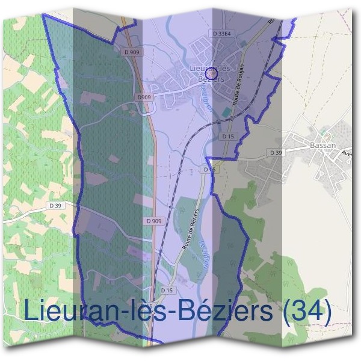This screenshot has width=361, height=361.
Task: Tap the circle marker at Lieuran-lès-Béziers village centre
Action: click(x=211, y=72)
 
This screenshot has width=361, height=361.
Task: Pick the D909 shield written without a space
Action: click(x=144, y=97)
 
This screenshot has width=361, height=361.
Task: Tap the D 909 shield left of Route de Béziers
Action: click(x=154, y=221)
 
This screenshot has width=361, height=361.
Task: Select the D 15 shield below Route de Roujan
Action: click(x=227, y=137)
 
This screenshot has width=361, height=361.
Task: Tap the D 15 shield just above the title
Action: click(x=167, y=291)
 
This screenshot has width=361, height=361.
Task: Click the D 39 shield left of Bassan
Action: click(x=276, y=153)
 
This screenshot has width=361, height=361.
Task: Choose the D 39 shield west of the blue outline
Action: click(x=56, y=206)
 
